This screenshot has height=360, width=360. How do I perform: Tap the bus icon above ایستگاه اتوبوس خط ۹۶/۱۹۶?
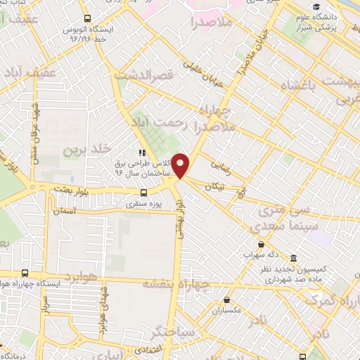point(86,19)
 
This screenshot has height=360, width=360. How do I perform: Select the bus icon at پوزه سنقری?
point(143,192)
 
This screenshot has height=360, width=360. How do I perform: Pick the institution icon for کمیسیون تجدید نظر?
point(294,258)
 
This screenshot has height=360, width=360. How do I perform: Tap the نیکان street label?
point(215,186)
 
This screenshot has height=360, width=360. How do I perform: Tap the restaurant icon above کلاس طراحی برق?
point(141,151)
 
